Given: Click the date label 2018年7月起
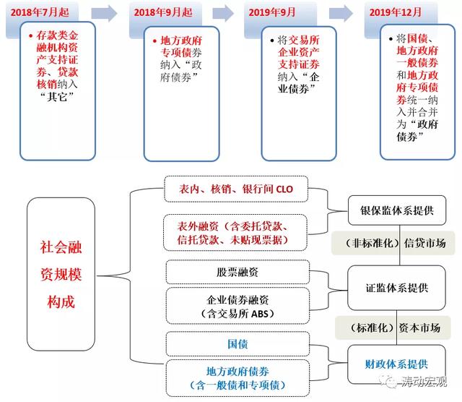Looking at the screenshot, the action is pos(40,12).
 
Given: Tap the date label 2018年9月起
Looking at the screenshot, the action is pos(163,12).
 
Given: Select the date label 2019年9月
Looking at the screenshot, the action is pos(271,12).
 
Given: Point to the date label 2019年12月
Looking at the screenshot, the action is pos(395,12).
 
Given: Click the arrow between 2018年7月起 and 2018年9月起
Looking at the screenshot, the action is pos(104,13).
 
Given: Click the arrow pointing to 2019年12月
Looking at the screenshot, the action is pos(341,13).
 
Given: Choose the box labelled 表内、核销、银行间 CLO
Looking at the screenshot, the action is pos(236,189).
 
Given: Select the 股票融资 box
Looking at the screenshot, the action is pos(237,272).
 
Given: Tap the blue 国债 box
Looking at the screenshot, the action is pos(237,344).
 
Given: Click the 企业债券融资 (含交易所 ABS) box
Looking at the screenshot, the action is pos(237,306).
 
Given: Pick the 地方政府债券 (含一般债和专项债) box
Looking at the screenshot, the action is pos(237,378).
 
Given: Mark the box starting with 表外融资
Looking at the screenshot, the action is pos(235,233).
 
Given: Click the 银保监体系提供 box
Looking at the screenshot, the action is pos(397,210).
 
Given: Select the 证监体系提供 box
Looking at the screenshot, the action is pos(396,288).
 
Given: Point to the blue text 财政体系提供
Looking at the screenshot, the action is pos(396,364).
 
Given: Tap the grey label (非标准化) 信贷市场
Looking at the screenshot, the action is pos(393,243).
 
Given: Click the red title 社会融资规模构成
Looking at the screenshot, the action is pos(61,274).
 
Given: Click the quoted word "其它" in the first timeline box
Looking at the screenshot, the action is pos(57,96).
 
